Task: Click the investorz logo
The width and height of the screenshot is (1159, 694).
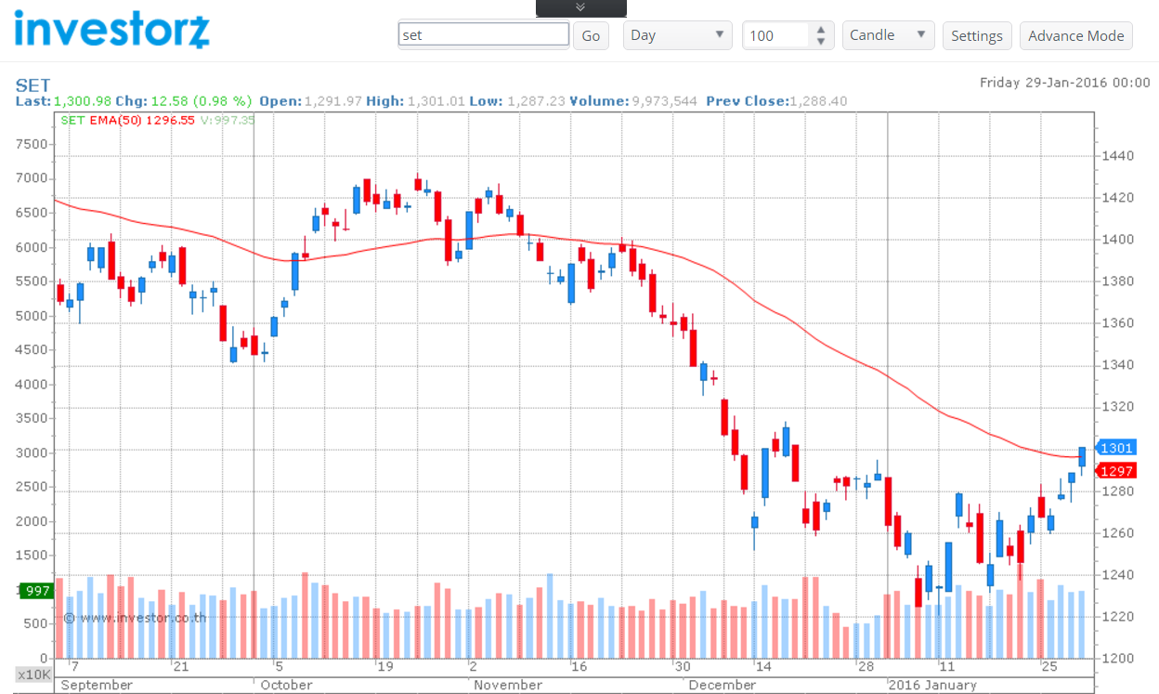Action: click(x=111, y=28)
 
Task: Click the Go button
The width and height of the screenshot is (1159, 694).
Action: click(x=591, y=35)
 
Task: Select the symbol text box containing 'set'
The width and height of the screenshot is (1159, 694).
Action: click(x=483, y=34)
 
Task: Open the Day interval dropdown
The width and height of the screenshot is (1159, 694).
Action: click(x=677, y=35)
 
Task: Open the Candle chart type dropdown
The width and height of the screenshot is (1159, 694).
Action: click(x=888, y=35)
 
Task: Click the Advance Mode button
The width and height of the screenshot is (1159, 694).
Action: click(x=1075, y=35)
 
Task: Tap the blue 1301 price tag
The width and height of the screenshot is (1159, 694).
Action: click(x=1115, y=448)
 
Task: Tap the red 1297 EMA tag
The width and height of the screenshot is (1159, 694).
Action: click(x=1115, y=471)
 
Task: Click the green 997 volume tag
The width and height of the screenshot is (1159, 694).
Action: click(x=37, y=591)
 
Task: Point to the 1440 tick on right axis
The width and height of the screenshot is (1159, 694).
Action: click(x=1119, y=155)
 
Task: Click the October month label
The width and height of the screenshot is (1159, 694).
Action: click(x=286, y=685)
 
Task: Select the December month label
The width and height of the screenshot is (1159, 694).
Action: click(x=723, y=685)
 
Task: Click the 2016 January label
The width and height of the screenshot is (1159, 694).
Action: click(x=932, y=685)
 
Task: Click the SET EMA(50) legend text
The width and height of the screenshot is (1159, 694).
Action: click(x=128, y=120)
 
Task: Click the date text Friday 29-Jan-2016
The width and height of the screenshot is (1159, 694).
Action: click(x=1064, y=83)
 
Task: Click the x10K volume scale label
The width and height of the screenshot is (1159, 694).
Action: click(x=33, y=674)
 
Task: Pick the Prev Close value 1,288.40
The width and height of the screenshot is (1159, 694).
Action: click(x=818, y=100)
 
